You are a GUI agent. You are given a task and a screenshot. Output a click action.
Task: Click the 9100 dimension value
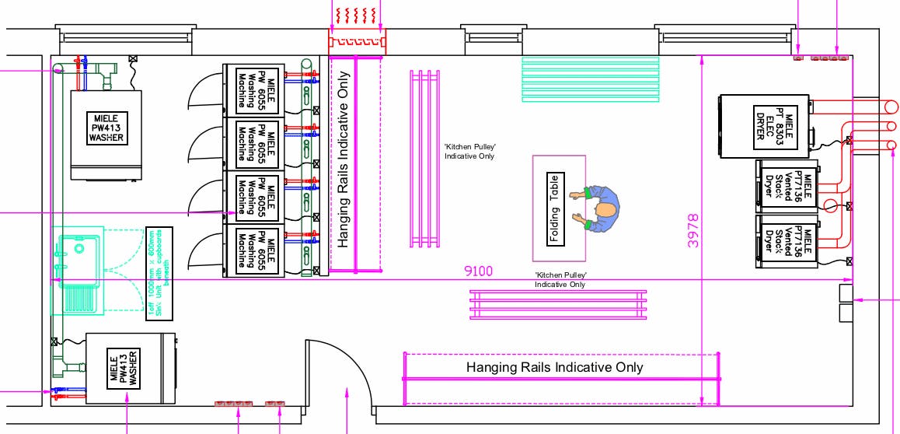point(478,271)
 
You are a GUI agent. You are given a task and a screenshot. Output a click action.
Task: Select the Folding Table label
point(555,208)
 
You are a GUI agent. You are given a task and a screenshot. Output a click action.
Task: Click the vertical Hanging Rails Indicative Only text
point(344,159)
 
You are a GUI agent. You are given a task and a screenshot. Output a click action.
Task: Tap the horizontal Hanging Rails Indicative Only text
point(554,367)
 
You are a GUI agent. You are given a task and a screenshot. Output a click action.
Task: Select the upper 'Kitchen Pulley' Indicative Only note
point(469,151)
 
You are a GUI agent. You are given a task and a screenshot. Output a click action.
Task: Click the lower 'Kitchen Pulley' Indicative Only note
point(560,280)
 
